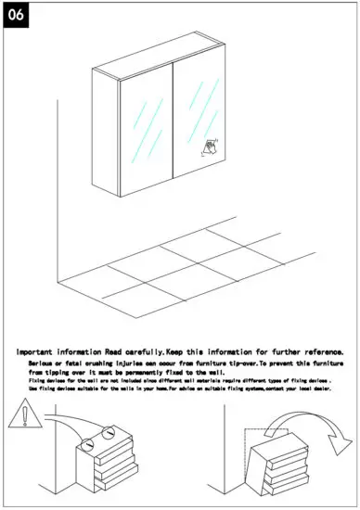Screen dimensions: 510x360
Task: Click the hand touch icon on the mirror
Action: pyautogui.click(x=212, y=146)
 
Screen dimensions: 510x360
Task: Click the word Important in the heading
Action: pyautogui.click(x=43, y=352)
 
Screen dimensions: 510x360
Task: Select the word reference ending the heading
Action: pyautogui.click(x=315, y=352)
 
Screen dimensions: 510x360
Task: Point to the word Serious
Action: pyautogui.click(x=42, y=363)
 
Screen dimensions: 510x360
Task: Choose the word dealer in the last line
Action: pyautogui.click(x=321, y=389)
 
